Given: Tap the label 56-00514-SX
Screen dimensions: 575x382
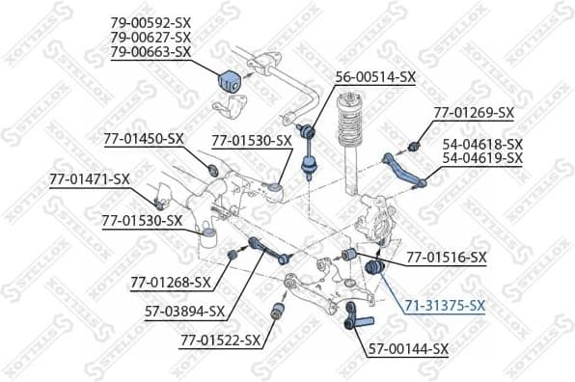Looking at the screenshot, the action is pyautogui.click(x=375, y=76).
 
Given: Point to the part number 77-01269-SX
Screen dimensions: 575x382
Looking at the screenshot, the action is pyautogui.click(x=472, y=112).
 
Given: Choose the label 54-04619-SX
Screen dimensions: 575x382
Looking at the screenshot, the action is pyautogui.click(x=482, y=157).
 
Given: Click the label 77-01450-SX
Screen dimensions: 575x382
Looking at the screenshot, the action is pyautogui.click(x=143, y=139).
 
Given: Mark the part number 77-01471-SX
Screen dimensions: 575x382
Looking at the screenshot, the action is pyautogui.click(x=90, y=178).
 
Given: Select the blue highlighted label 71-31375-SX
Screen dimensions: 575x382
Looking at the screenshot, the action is pyautogui.click(x=445, y=306).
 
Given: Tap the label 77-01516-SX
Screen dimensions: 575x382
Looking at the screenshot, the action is pyautogui.click(x=446, y=258).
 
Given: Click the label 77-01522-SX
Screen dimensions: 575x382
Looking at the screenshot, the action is pyautogui.click(x=219, y=340).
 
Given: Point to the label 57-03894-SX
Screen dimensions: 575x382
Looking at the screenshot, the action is pyautogui.click(x=183, y=311).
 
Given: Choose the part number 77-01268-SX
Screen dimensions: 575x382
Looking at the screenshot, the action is pyautogui.click(x=170, y=282).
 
